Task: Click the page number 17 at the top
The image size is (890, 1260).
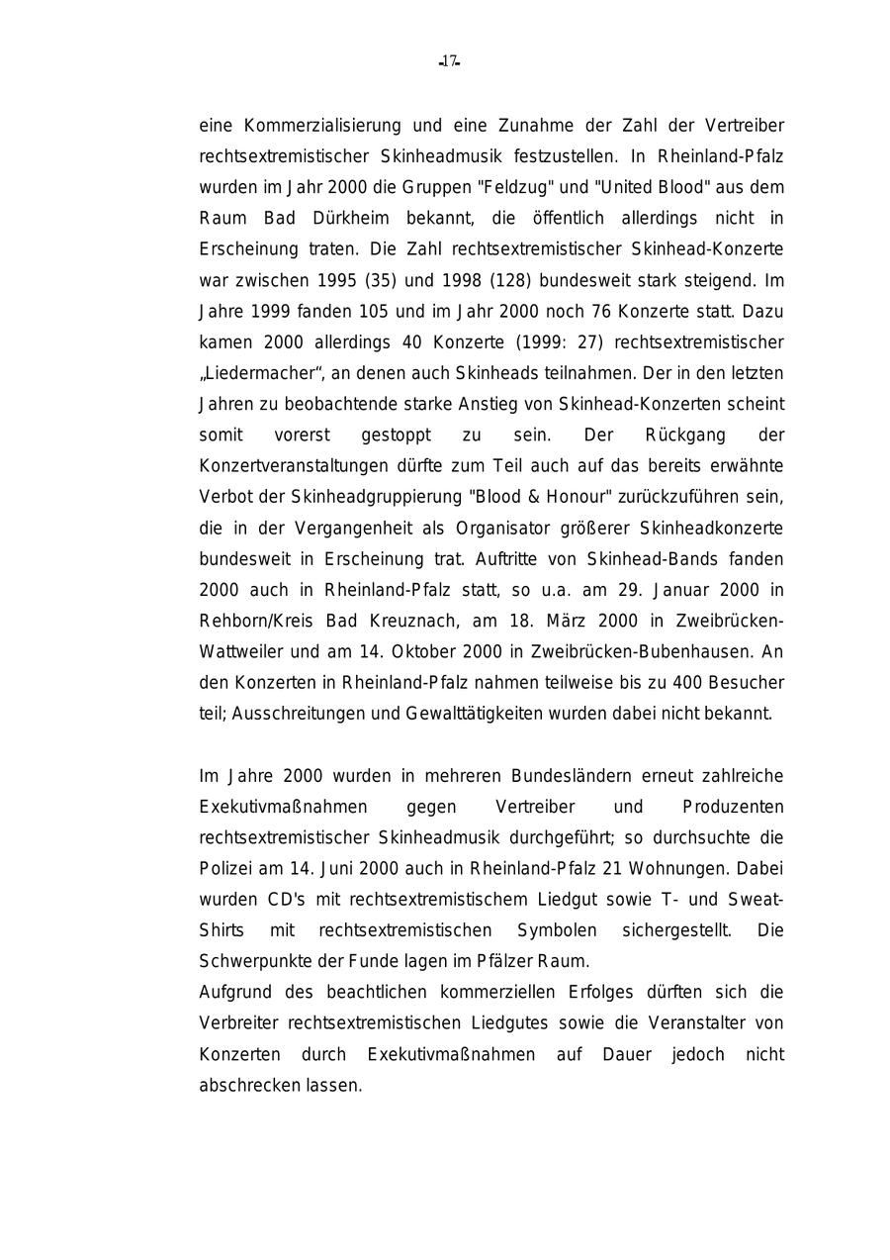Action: (x=449, y=61)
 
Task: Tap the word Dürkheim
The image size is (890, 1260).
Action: (x=352, y=218)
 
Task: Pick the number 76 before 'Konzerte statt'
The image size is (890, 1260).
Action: (x=601, y=311)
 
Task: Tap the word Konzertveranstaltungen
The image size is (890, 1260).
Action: (x=294, y=466)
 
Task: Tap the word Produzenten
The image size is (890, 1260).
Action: (x=733, y=807)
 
